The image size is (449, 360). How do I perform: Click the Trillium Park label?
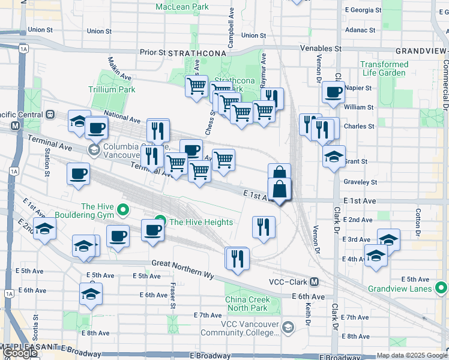112,89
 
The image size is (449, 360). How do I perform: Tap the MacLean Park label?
182,7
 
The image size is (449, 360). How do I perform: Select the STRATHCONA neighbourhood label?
197,53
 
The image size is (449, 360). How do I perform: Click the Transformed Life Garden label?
384,68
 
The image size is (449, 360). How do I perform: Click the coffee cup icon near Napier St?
333,92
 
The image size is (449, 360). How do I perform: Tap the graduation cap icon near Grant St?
334,157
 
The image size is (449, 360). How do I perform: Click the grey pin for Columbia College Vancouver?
94,148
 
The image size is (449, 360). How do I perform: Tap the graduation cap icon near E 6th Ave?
91,294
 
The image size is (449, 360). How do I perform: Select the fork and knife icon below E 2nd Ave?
263,227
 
